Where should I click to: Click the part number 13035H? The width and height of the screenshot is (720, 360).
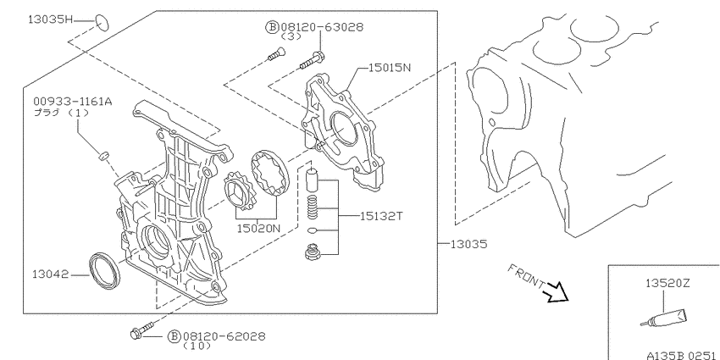point(51,19)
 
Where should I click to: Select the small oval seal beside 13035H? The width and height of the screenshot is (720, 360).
point(102,23)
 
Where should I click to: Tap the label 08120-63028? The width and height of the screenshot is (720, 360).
point(321,27)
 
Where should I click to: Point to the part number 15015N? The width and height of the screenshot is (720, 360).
point(390,68)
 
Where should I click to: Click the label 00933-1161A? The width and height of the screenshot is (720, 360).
point(72,102)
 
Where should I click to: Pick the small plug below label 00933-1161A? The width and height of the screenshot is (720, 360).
point(104,156)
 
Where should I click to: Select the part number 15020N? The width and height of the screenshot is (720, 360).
point(258,228)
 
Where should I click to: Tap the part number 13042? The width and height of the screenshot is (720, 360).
point(51,274)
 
